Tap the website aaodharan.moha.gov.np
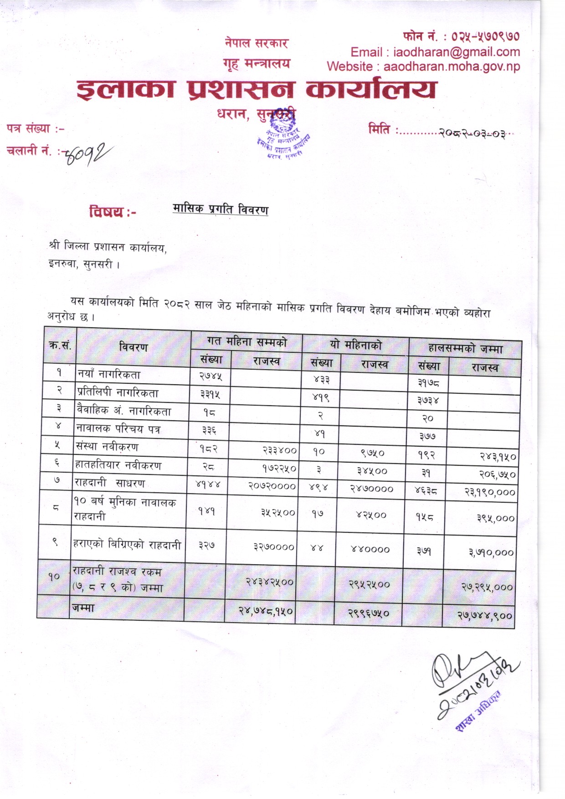click(x=451, y=67)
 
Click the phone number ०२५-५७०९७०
click(x=485, y=36)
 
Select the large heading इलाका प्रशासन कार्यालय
click(x=257, y=89)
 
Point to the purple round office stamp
click(x=282, y=137)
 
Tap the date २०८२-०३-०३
click(x=472, y=134)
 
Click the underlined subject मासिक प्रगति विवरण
click(x=221, y=209)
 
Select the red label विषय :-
click(x=113, y=212)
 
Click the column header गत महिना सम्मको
click(x=247, y=341)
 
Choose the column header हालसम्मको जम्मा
click(x=465, y=349)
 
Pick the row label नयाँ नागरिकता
click(x=109, y=375)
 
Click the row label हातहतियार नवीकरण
click(x=118, y=465)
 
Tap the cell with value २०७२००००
click(x=272, y=486)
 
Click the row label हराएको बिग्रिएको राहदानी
click(x=127, y=545)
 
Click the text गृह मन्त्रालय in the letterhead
click(x=257, y=64)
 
